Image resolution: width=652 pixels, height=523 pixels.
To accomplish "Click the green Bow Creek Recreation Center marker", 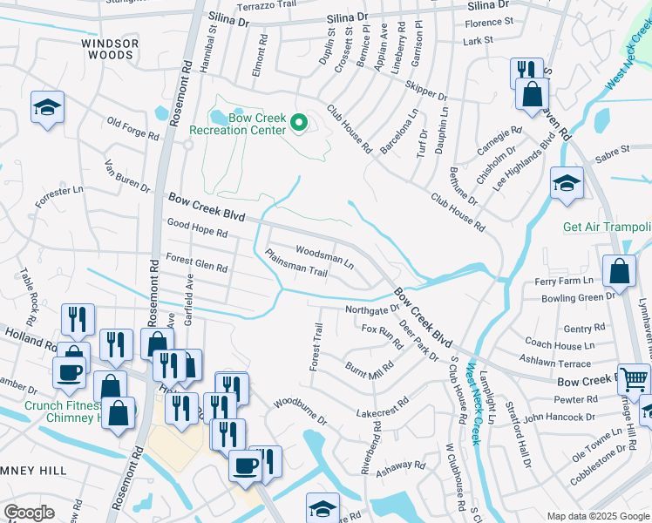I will (x=299, y=124).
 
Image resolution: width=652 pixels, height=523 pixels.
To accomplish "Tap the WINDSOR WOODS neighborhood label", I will (x=110, y=49).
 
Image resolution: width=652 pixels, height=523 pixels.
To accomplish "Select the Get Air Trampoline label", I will (x=607, y=227).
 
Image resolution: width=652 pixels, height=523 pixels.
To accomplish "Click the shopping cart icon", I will (x=634, y=377).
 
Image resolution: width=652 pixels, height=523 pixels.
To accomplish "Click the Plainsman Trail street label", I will (x=295, y=265).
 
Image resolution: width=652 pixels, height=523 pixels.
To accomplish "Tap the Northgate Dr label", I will (x=371, y=308).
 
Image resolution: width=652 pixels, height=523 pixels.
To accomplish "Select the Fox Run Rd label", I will (x=382, y=336).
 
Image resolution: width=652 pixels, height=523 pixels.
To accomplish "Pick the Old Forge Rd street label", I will (x=132, y=130).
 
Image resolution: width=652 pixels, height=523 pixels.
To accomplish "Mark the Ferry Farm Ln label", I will (x=563, y=281).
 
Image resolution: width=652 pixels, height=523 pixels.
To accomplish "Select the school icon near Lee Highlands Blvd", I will (x=567, y=184).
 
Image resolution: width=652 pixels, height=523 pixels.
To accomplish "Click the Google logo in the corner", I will (x=29, y=512).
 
